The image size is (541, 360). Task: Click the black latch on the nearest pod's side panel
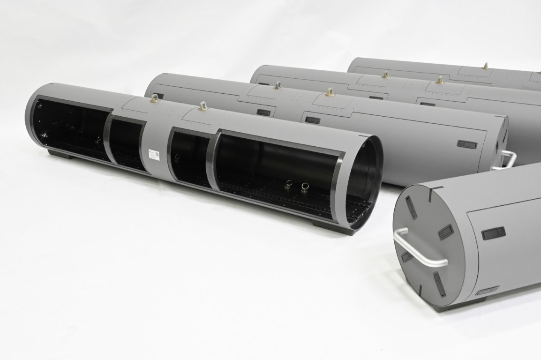coord(493,233)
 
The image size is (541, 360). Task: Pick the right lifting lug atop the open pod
coord(203,106)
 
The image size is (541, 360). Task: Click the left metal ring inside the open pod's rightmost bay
coord(289,186)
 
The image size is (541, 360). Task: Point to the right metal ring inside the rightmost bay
coord(305,188)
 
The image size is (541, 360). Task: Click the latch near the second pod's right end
coord(466,144)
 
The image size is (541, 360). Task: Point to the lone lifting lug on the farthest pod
coord(486,66)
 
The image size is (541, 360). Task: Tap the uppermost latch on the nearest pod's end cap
coord(411,207)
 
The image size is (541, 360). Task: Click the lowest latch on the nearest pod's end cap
coord(439,284)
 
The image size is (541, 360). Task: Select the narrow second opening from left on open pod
coord(125,141)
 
